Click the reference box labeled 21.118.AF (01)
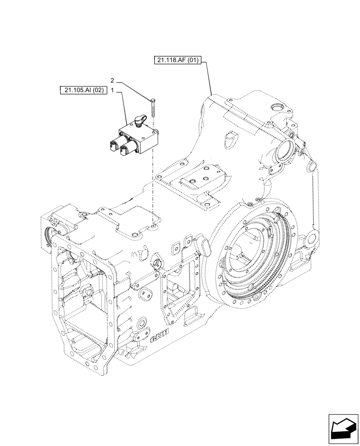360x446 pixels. pyautogui.click(x=178, y=60)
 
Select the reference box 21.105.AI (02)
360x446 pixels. pyautogui.click(x=83, y=90)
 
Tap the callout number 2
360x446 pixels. pyautogui.click(x=112, y=81)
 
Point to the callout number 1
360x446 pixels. pyautogui.click(x=112, y=90)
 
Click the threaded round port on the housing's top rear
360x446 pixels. pyautogui.click(x=274, y=107)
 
